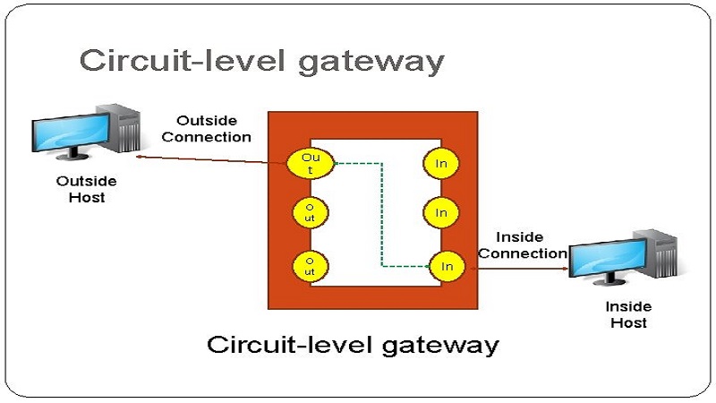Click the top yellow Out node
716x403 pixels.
pos(310,163)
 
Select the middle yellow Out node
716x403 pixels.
pos(310,213)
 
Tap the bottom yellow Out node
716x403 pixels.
pos(310,265)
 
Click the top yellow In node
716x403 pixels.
pos(441,163)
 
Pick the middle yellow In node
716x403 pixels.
pos(441,213)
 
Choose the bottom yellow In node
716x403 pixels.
pos(447,266)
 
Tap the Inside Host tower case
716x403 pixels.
pos(661,256)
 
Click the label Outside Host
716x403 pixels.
pos(86,189)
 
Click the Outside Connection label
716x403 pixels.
pos(207,128)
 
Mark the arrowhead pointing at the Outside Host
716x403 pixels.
pos(141,156)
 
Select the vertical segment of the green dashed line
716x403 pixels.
pos(382,215)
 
